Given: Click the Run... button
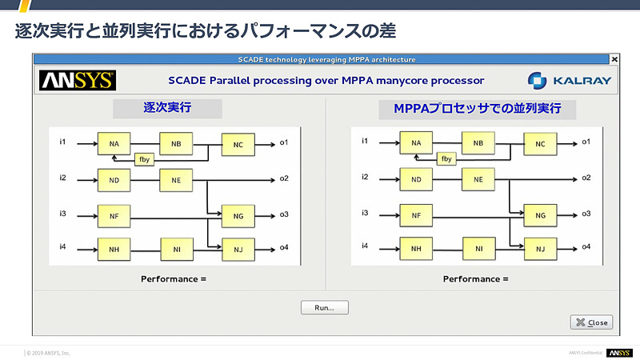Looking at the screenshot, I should point(325,307).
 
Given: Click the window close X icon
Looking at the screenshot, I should point(614,59).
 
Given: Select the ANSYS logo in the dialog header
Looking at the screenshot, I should point(78,80).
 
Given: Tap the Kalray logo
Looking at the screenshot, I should point(569,80).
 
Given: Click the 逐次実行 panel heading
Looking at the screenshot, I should point(167,108).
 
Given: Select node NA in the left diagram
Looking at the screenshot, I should point(114,144).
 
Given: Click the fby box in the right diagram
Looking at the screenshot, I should point(447,158).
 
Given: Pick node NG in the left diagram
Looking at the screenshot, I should point(238,215).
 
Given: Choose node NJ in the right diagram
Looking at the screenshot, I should point(540,249).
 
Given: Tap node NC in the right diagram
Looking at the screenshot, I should point(540,144).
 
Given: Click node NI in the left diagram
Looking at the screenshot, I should point(176,249).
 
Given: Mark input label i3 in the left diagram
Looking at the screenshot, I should point(62,213).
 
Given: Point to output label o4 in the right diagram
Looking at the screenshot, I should point(586,246).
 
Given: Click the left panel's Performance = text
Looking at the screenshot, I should point(174,278).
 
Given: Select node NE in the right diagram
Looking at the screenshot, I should point(478,179).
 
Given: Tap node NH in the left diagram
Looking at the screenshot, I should point(114,249).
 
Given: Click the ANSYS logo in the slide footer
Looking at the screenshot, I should point(618,352).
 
